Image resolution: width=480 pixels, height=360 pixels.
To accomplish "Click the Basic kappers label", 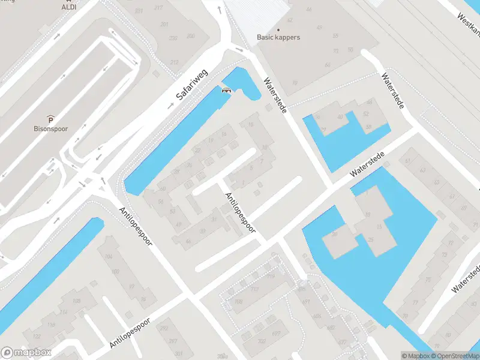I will [x=278, y=37].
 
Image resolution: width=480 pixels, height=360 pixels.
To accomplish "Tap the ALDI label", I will [x=69, y=7].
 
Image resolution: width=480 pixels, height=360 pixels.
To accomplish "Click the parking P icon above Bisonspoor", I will [x=51, y=118].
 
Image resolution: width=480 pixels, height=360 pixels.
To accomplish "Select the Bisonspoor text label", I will [x=50, y=128].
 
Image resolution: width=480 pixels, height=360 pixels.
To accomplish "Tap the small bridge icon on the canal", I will [x=226, y=91].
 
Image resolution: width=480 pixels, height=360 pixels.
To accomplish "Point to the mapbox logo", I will [x=26, y=353].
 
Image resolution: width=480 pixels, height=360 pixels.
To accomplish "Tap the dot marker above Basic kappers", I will [x=278, y=29].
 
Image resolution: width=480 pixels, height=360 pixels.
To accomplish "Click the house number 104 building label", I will [x=109, y=256].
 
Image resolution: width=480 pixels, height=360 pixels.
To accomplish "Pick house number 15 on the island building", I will [x=379, y=227].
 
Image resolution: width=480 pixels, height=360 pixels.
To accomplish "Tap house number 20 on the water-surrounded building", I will [x=334, y=234].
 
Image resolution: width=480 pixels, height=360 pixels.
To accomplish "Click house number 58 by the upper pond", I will [x=368, y=127].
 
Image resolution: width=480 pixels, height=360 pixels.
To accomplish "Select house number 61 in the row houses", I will [x=409, y=161].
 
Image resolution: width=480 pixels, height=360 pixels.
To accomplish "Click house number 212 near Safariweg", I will [x=174, y=62].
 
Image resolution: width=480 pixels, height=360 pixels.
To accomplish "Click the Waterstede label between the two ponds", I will [x=367, y=164].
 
